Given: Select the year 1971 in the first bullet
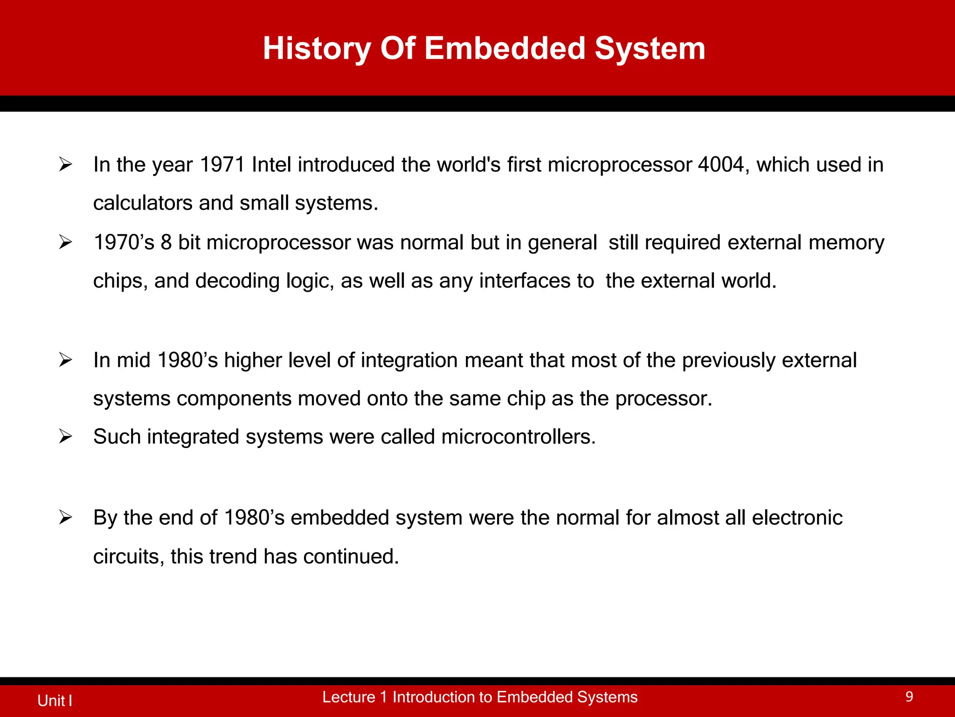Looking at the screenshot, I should pos(222,165).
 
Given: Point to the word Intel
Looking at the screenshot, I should pos(271,165).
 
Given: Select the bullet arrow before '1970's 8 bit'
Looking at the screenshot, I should pos(65,242).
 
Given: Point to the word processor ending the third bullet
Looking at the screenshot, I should pos(663,399).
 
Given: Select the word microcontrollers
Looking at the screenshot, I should pos(518,437).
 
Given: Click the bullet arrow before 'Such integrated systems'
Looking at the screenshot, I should pos(65,437).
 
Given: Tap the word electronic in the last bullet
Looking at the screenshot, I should pos(797,518).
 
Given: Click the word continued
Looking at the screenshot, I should pos(351,556).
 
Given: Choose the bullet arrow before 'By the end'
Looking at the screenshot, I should pos(65,518).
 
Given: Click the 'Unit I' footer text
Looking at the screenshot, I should pos(55,700).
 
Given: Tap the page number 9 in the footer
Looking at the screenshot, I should pos(909,697).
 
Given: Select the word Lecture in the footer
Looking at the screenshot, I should pos(348,697).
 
